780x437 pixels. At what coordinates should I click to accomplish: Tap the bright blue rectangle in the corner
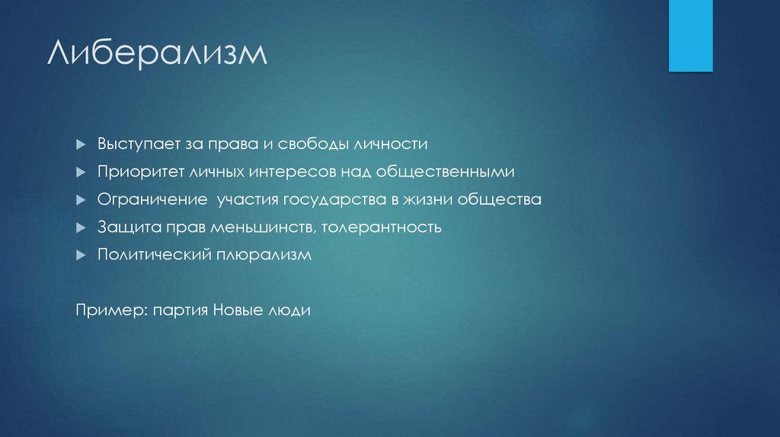(690, 35)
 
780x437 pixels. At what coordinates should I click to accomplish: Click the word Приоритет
(136, 172)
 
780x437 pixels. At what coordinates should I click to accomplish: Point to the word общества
(503, 200)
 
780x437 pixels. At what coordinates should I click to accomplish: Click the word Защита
(120, 228)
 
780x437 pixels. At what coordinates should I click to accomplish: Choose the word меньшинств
(260, 228)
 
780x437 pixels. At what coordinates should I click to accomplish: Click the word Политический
(143, 256)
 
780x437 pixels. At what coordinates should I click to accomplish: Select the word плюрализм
(264, 256)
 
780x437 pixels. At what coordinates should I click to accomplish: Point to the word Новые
(236, 311)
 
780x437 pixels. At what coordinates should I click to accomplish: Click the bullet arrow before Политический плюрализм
(81, 256)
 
